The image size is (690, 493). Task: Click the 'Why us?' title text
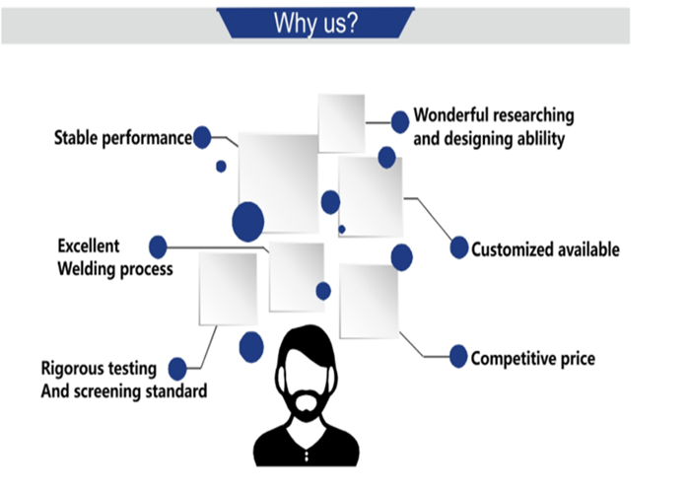[x=316, y=23]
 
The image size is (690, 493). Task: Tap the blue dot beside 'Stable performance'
[x=202, y=137]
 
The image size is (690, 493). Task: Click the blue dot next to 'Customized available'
[x=459, y=247]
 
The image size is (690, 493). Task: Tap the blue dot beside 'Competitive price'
[x=458, y=356]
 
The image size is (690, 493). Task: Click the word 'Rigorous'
[x=70, y=369]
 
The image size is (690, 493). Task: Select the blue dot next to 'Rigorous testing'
[x=177, y=369]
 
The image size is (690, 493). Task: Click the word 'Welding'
[x=87, y=269]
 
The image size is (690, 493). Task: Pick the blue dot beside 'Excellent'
[x=158, y=246]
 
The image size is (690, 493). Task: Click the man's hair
[x=307, y=344]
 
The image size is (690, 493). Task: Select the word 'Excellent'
[x=89, y=246]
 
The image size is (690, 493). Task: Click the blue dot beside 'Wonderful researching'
[x=400, y=122]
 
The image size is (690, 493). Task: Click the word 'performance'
[x=147, y=138]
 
